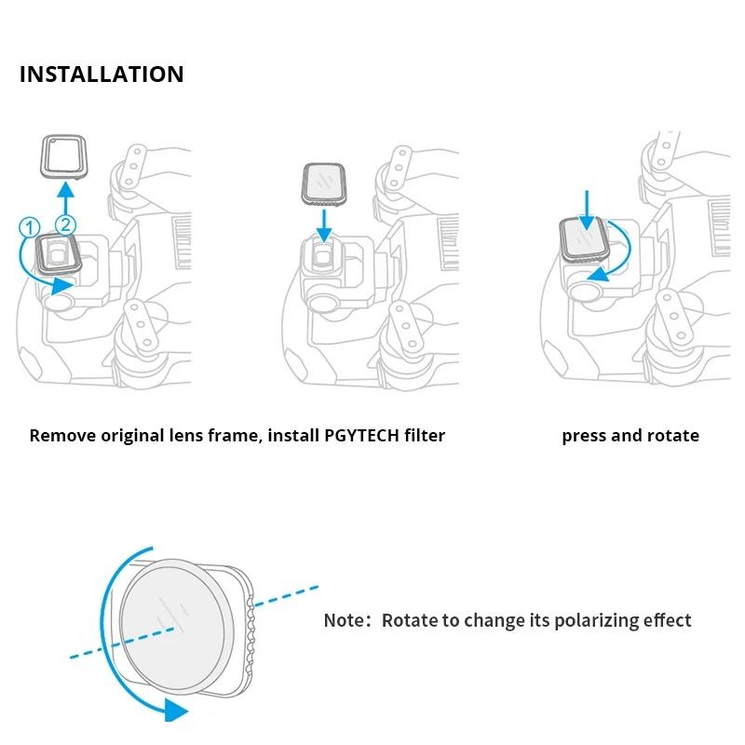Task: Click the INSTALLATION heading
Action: point(102,74)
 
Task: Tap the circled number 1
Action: point(29,226)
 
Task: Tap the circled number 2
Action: point(65,223)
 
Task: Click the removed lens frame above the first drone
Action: point(63,155)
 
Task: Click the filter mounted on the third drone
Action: point(583,238)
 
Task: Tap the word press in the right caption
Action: point(584,436)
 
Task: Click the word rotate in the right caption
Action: point(673,436)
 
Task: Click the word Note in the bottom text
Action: point(344,620)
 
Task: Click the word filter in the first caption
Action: point(423,436)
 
